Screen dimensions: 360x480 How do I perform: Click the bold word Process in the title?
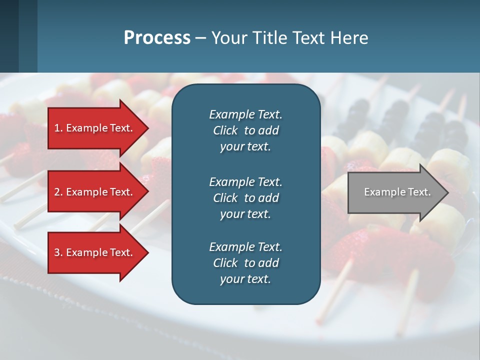(x=157, y=37)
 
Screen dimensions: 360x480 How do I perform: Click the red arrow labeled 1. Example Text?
(x=95, y=128)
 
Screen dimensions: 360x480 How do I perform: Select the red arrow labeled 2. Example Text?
(x=95, y=192)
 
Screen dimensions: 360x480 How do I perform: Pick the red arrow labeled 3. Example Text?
(x=95, y=252)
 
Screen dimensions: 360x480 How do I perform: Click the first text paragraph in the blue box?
(x=245, y=130)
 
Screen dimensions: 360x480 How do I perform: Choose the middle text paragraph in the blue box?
(x=245, y=197)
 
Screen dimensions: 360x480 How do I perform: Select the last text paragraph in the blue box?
(x=245, y=263)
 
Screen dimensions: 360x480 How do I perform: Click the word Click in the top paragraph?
(x=225, y=130)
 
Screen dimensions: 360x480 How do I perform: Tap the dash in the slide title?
(x=200, y=38)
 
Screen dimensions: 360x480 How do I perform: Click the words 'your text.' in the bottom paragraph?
(x=245, y=279)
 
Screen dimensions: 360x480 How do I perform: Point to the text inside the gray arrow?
(x=397, y=192)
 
